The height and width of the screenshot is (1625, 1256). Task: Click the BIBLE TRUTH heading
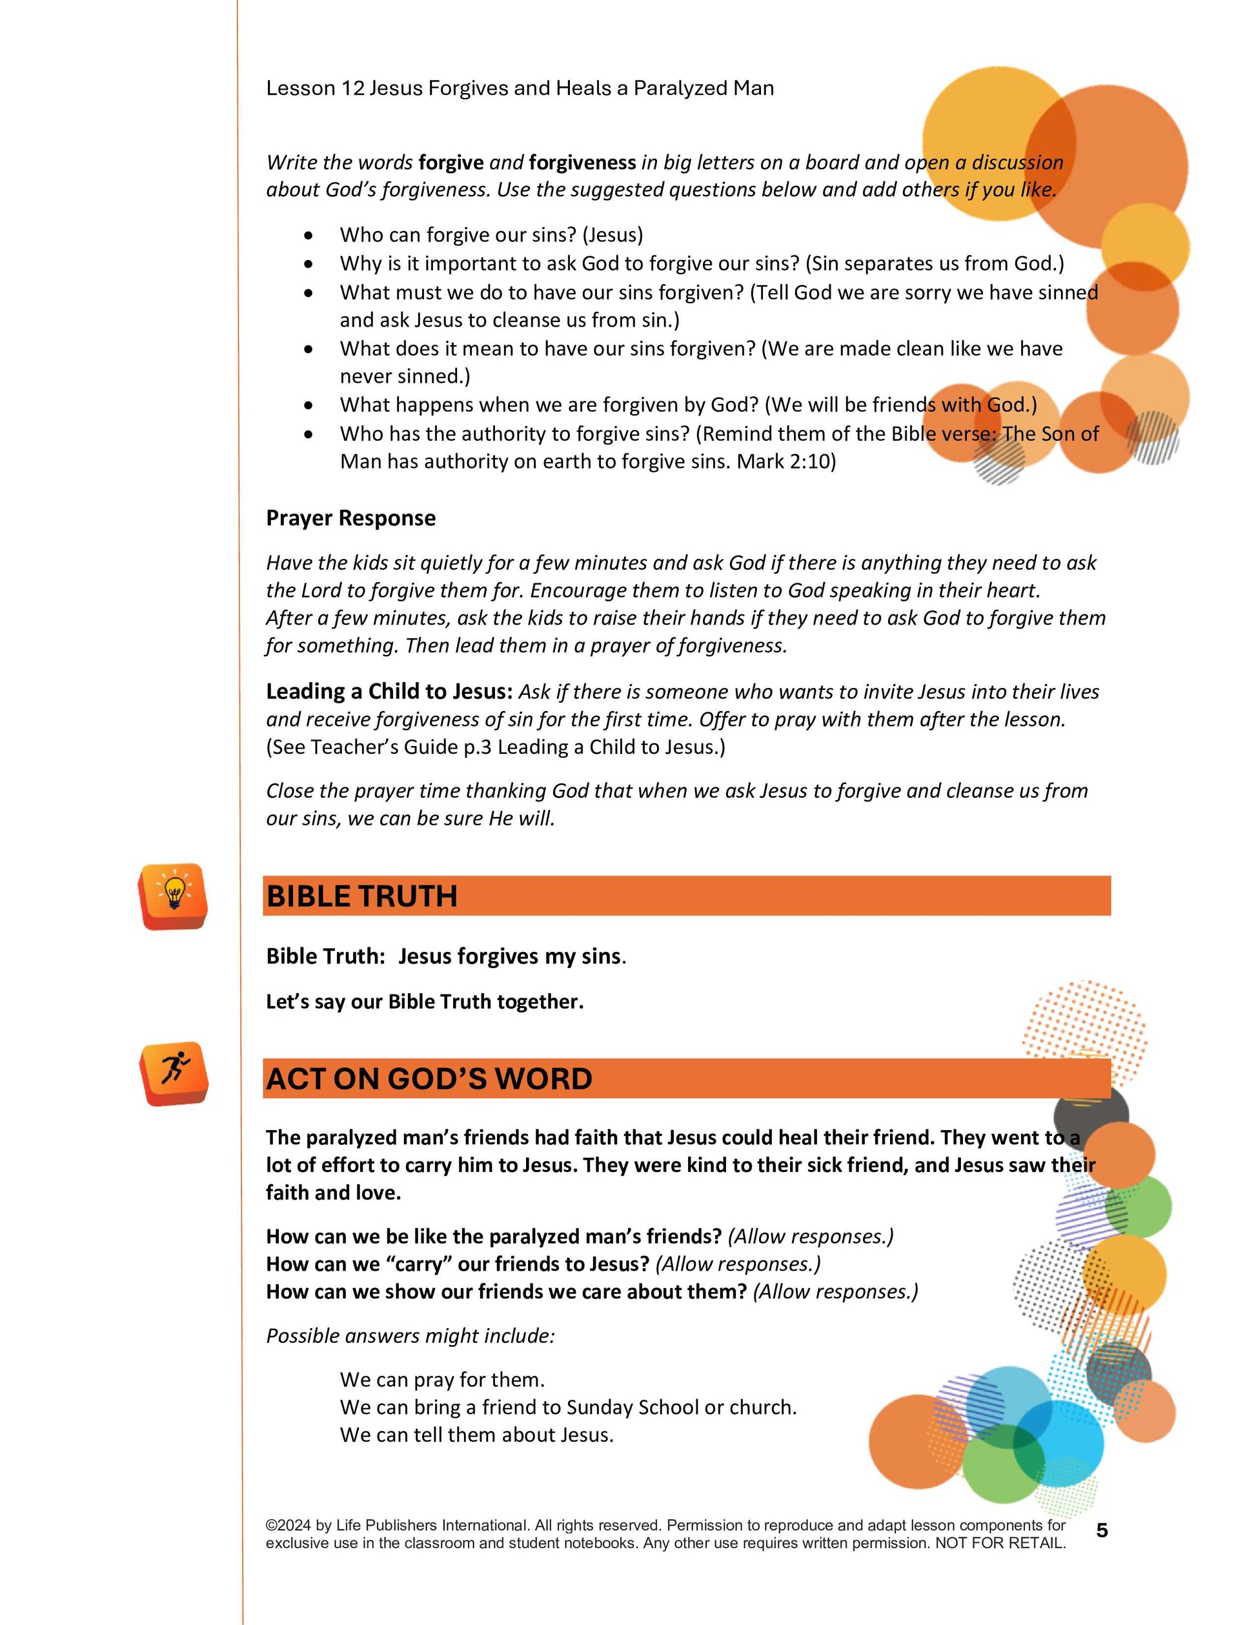coord(361,896)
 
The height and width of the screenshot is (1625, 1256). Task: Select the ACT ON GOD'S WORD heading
coord(429,1079)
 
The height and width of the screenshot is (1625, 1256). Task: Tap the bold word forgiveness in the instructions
coord(582,163)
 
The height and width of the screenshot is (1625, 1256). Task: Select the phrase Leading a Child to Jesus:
coord(389,692)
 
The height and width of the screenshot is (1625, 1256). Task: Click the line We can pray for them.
coord(442,1380)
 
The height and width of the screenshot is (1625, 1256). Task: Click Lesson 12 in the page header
coord(315,88)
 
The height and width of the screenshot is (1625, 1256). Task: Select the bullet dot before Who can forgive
coord(309,236)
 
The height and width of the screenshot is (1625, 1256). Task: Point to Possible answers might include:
coord(410,1337)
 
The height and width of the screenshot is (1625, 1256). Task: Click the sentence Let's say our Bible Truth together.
coord(424,1002)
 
